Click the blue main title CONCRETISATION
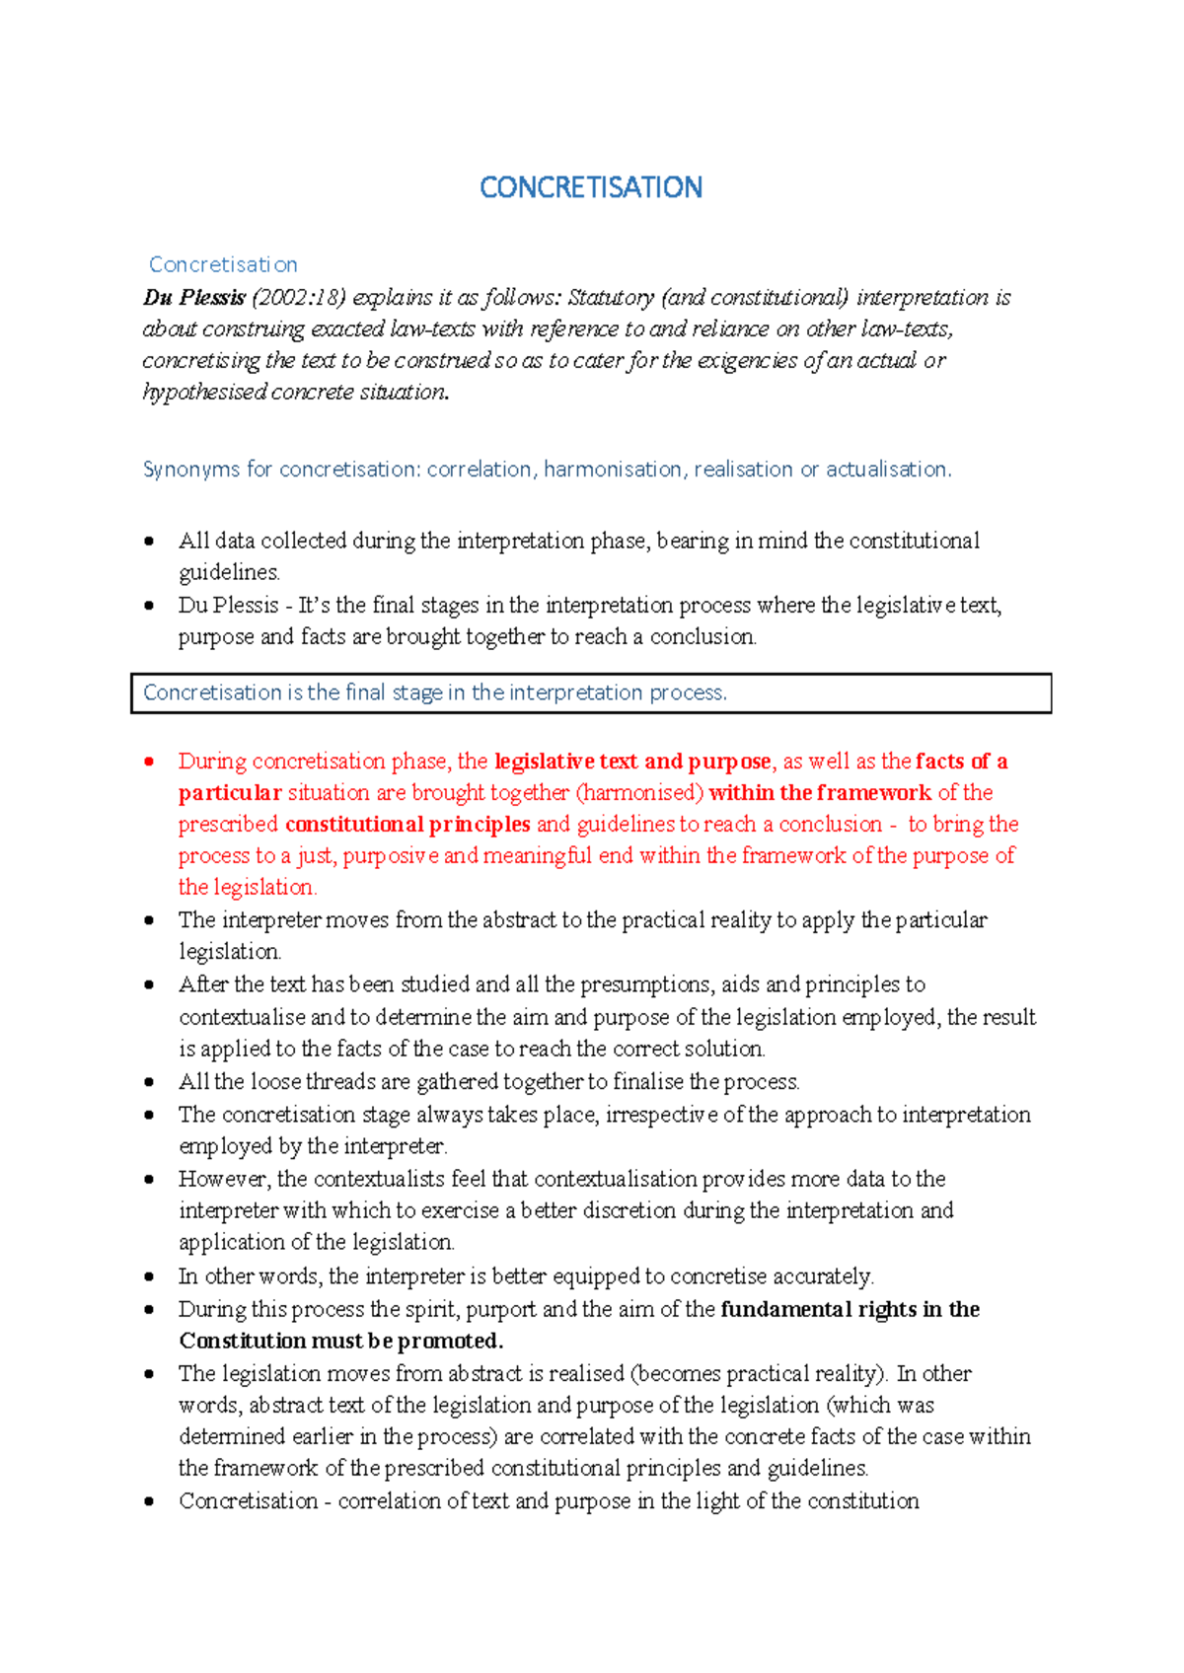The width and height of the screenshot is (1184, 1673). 590,187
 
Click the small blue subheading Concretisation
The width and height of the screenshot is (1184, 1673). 223,264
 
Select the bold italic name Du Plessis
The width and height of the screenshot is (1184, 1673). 194,297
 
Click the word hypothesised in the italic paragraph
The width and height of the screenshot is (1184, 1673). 204,392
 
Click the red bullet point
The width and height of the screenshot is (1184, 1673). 149,761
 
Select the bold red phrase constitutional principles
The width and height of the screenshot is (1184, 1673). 407,824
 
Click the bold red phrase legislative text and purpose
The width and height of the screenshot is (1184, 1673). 632,761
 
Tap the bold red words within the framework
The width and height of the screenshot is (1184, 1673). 820,792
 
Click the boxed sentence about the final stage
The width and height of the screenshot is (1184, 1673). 435,692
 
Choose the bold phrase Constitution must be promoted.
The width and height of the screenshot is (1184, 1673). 341,1341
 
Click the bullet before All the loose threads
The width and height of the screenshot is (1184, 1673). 149,1082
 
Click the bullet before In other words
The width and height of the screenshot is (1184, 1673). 149,1276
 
